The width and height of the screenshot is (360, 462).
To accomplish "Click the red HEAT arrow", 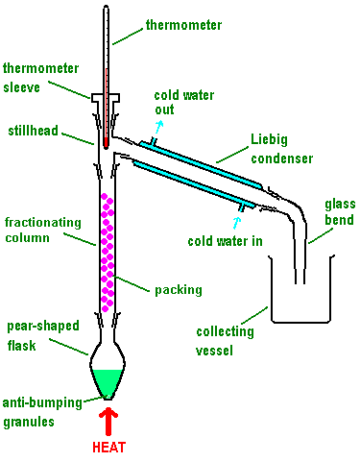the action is (108, 422).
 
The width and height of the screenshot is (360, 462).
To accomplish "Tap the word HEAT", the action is (108, 448).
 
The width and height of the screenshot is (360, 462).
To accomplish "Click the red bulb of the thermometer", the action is (106, 143).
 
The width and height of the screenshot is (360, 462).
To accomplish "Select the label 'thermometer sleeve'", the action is (40, 78).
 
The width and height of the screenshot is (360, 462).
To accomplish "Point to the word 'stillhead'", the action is (33, 131).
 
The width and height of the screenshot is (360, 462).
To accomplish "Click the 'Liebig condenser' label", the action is (281, 149).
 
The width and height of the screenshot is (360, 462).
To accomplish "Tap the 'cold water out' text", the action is (184, 103).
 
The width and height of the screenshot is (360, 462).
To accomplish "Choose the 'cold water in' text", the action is (225, 241).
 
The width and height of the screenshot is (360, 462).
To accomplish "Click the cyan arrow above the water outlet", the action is (159, 127).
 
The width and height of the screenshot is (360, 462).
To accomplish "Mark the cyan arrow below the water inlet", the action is (237, 223).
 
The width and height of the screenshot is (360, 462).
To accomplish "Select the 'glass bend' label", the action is (340, 212).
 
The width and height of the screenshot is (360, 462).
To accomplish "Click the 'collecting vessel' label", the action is (225, 341).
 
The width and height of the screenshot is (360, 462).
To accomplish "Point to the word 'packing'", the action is (179, 290).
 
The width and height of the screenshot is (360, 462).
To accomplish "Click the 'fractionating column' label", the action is (43, 231).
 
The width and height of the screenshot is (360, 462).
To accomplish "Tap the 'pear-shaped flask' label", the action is (43, 336).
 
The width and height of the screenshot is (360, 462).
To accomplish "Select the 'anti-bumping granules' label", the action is (42, 412).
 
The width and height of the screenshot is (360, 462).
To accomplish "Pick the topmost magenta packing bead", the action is (104, 196).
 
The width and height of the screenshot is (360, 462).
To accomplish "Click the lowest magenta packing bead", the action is (105, 308).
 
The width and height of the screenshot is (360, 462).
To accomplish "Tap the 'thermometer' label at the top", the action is (183, 25).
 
